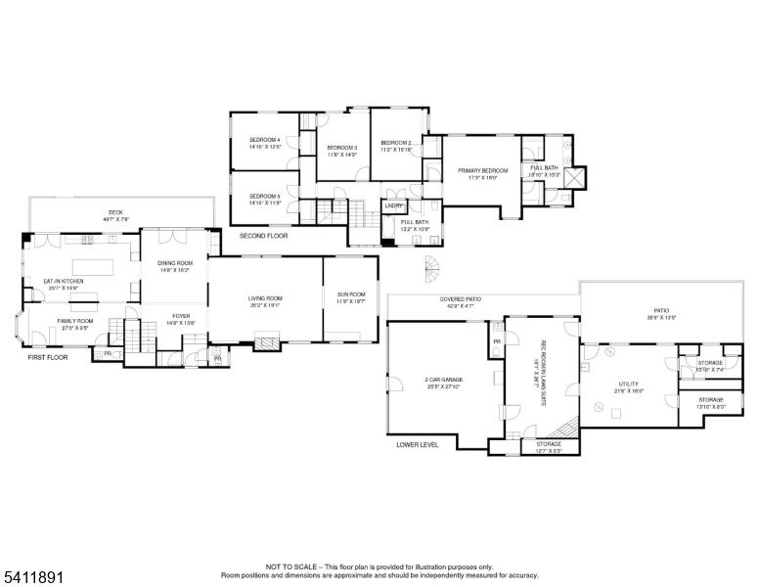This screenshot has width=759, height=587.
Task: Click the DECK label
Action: [116, 212]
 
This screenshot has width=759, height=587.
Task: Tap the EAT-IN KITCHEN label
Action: [63, 282]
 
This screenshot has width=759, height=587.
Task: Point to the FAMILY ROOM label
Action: [74, 321]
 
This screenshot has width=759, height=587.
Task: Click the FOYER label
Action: [181, 316]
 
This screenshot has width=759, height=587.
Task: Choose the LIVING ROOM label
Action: [264, 297]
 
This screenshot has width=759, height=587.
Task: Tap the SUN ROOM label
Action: [350, 294]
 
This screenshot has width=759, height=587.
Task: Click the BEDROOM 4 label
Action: [264, 140]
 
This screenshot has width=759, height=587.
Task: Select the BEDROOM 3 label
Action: [342, 148]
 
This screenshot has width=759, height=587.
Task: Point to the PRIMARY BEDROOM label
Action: [483, 171]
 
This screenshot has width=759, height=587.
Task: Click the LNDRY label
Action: [394, 205]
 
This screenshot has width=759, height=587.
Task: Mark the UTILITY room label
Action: [628, 384]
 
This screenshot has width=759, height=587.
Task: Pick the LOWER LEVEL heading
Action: [417, 444]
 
